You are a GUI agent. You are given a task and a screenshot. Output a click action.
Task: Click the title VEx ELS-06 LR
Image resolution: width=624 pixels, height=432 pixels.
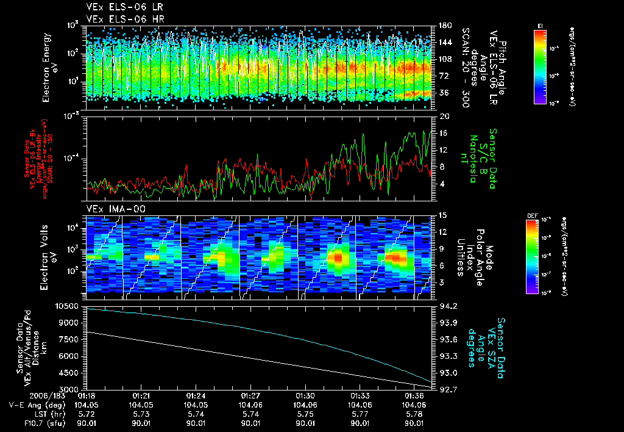tap(119, 7)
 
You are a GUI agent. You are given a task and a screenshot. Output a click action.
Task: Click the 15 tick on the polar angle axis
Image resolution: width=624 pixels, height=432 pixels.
tap(443, 215)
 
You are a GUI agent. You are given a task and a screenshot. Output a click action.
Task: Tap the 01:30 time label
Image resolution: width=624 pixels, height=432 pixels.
tap(305, 395)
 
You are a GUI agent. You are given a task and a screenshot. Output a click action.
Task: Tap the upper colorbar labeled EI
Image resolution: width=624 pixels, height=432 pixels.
tap(539, 66)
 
